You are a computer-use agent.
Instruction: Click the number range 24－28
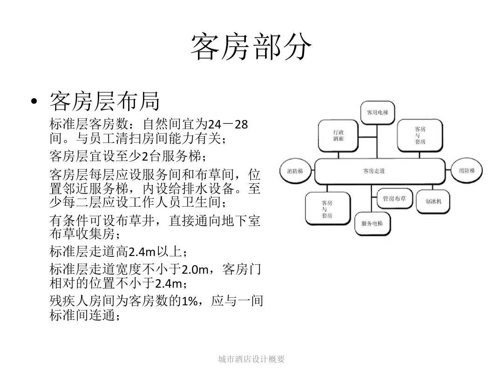coord(228,125)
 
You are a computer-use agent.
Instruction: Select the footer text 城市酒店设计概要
coord(251,359)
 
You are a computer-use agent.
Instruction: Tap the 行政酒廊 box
coord(338,135)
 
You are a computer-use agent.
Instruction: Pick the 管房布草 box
coord(394,199)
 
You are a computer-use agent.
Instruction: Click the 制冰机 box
coord(433,202)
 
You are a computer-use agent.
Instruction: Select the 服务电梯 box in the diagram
coord(372,223)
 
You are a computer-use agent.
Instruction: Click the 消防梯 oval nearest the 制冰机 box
coord(467,171)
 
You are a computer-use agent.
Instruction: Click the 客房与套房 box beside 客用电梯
coord(420,135)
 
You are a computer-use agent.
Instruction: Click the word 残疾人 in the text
coord(66,301)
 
